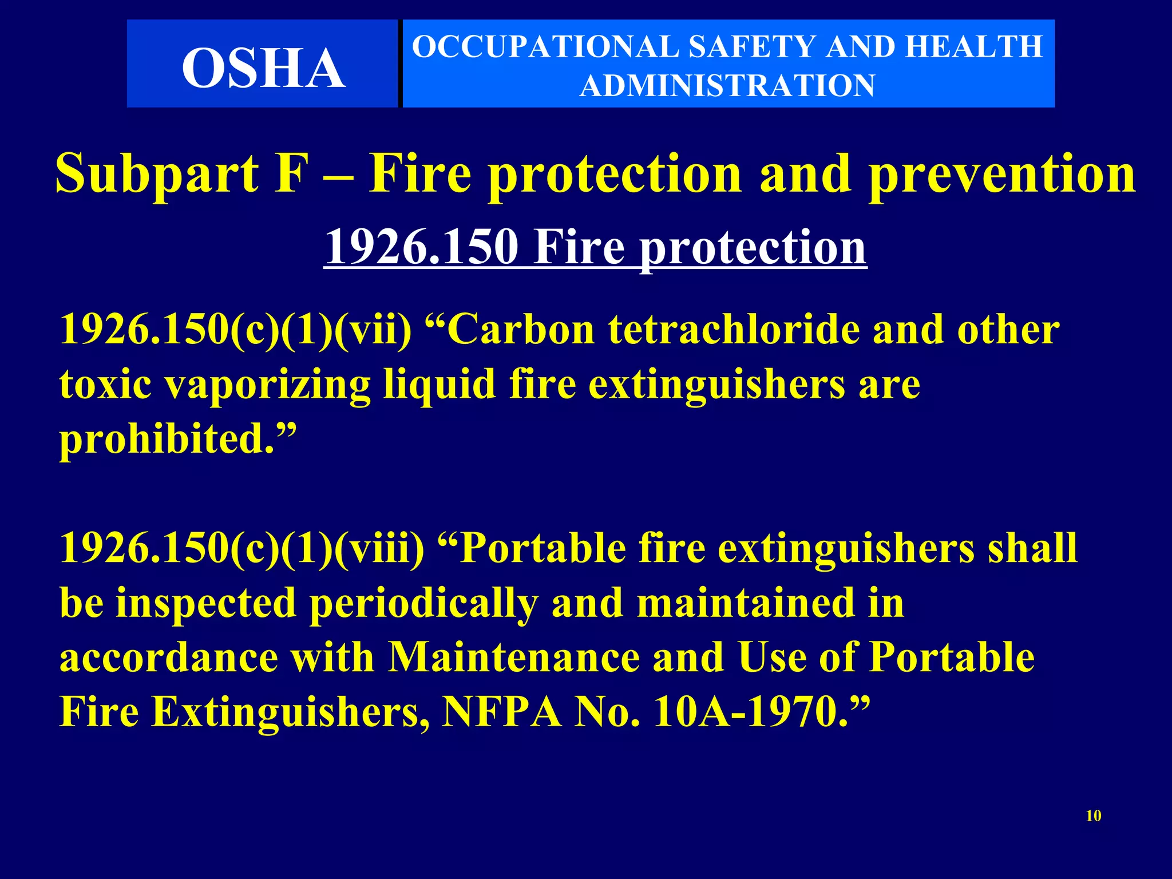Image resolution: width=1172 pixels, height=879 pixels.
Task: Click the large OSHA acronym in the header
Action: coord(264,68)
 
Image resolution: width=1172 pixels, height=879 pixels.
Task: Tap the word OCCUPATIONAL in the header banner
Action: coord(543,47)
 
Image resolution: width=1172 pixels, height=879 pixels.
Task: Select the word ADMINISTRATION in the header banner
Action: coord(727,86)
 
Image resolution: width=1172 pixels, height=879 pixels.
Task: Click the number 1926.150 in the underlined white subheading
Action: coord(421,247)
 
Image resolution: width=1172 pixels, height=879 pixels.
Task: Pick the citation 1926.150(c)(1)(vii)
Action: coord(235,330)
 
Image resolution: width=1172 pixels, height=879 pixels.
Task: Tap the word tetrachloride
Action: coord(734,330)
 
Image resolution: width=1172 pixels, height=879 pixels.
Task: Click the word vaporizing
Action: coord(268,385)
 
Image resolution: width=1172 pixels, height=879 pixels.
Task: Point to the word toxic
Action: coord(105,385)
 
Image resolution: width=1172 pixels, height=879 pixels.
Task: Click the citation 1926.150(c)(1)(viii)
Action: coord(241,548)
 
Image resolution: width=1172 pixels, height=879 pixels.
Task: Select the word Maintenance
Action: coord(513,658)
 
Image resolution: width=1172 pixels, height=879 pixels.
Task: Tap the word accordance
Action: coord(169,658)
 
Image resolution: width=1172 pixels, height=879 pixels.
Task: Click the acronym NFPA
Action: coord(502,712)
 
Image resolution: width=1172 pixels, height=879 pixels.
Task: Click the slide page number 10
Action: coord(1093,815)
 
